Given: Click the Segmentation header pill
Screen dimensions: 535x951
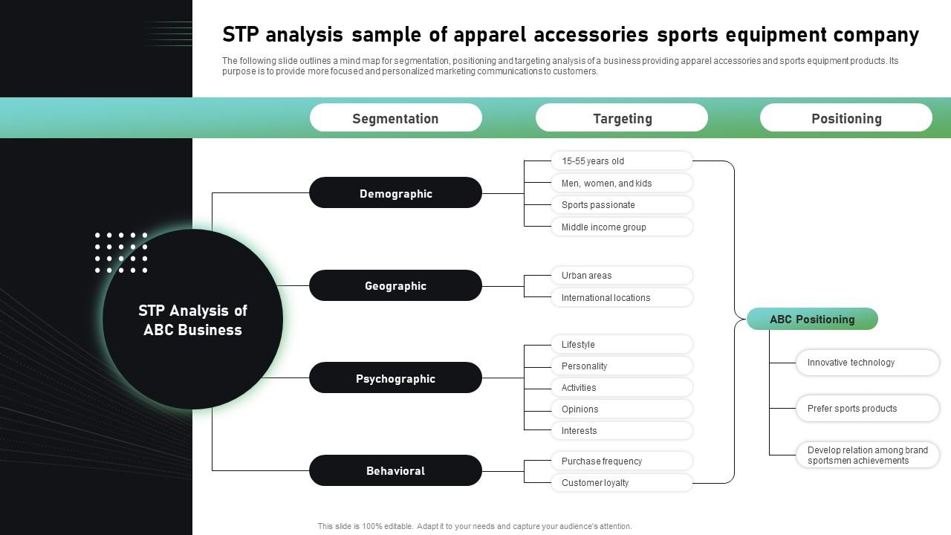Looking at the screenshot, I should pyautogui.click(x=395, y=118).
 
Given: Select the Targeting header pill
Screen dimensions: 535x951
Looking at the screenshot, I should pyautogui.click(x=622, y=118).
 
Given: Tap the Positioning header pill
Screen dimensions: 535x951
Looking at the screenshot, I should pyautogui.click(x=845, y=118).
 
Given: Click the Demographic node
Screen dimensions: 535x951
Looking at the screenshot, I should pyautogui.click(x=395, y=193).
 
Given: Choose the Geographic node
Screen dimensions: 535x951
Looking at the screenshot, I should pyautogui.click(x=395, y=286).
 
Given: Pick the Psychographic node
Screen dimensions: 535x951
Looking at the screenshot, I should pyautogui.click(x=395, y=378).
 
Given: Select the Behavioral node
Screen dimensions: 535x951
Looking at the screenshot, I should pyautogui.click(x=395, y=471).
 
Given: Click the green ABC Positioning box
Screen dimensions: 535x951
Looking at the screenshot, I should pyautogui.click(x=812, y=320).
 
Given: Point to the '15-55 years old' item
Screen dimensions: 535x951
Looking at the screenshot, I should pyautogui.click(x=621, y=161).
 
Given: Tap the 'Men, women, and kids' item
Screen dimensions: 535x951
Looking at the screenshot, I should pyautogui.click(x=621, y=184).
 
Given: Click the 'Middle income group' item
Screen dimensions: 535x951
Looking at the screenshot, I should pyautogui.click(x=621, y=227).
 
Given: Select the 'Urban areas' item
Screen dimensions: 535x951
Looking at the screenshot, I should pyautogui.click(x=621, y=276).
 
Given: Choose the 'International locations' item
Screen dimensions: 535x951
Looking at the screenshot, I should pyautogui.click(x=621, y=298).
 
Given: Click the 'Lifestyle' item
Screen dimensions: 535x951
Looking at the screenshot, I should pyautogui.click(x=621, y=345).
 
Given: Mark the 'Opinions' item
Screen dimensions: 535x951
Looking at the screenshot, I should pyautogui.click(x=621, y=409).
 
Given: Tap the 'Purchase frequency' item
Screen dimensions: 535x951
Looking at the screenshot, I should pyautogui.click(x=621, y=461).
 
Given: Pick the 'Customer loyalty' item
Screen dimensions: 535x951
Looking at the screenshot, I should pyautogui.click(x=621, y=483).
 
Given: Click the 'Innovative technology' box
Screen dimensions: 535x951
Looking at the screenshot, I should pyautogui.click(x=867, y=363).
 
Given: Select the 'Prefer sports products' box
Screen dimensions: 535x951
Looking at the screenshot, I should pyautogui.click(x=867, y=409).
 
